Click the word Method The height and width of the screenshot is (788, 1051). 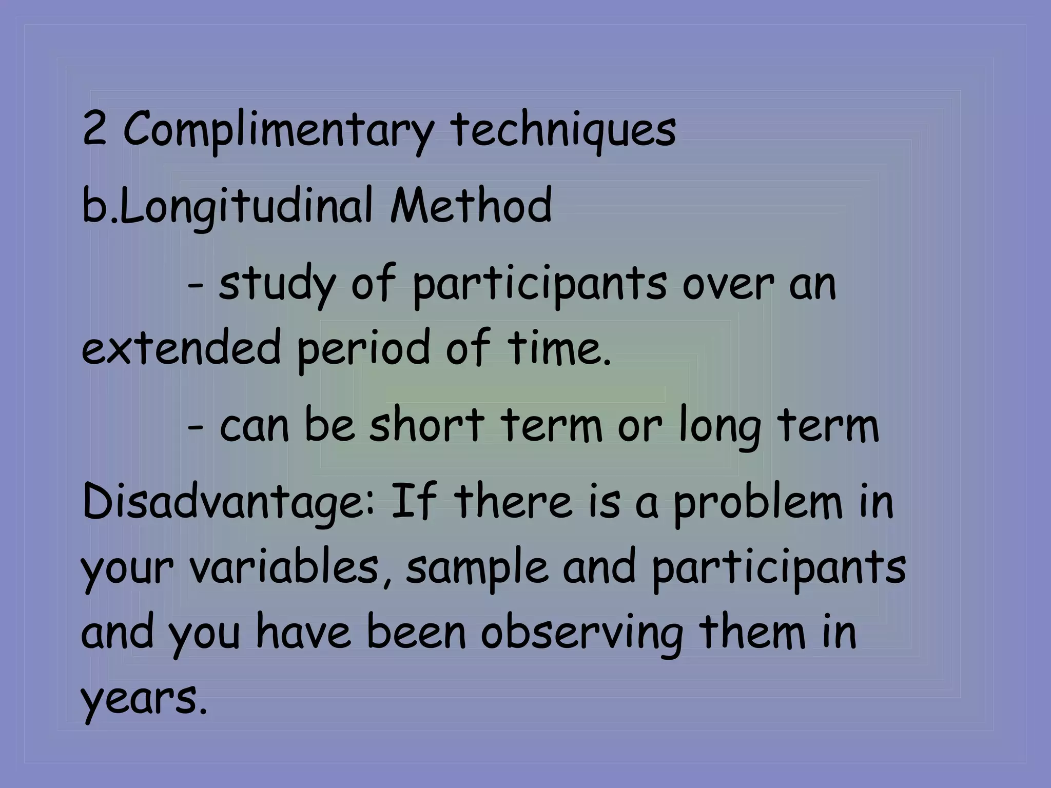tap(471, 206)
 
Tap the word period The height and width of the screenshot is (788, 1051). tap(362, 349)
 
